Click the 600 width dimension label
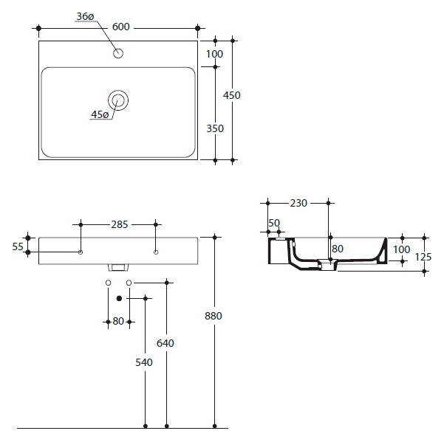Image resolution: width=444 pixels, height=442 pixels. click(121, 27)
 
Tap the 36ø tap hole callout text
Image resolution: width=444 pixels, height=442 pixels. click(85, 17)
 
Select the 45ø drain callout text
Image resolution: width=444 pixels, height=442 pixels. click(100, 114)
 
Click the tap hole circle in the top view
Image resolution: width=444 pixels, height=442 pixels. click(118, 53)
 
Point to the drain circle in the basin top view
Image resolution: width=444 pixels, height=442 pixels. click(118, 100)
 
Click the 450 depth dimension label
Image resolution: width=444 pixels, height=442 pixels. click(232, 95)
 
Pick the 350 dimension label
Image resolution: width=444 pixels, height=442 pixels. click(215, 128)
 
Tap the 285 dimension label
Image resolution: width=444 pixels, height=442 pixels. click(120, 224)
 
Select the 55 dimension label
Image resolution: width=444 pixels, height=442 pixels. click(18, 247)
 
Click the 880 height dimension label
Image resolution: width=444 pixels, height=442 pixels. click(214, 316)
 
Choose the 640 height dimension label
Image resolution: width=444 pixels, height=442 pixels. click(165, 343)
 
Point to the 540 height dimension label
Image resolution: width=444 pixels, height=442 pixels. click(144, 362)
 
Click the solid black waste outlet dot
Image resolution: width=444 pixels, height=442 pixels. click(119, 298)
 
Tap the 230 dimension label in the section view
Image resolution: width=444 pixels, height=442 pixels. click(298, 203)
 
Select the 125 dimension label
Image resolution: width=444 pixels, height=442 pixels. click(423, 257)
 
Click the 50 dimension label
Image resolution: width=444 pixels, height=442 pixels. click(274, 223)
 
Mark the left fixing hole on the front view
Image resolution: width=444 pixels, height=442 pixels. click(81, 252)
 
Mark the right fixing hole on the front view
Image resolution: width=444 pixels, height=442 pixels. click(156, 252)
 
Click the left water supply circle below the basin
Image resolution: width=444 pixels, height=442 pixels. click(108, 283)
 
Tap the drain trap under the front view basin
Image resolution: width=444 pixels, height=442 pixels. click(118, 268)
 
